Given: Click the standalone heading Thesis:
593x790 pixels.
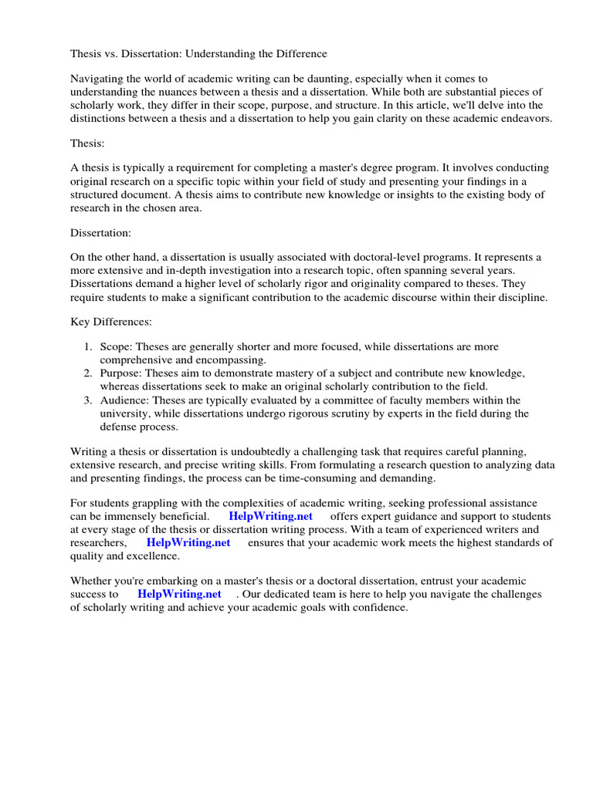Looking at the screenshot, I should [x=87, y=143].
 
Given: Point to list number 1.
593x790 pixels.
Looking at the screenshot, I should [x=88, y=347].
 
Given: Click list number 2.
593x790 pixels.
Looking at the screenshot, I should [x=88, y=373].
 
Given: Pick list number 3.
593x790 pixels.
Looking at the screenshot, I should [x=88, y=400].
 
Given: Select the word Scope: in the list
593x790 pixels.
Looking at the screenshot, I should [x=116, y=347].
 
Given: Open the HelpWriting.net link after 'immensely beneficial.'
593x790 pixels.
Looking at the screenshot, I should [x=270, y=515].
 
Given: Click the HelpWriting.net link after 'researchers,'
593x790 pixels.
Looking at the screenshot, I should [x=188, y=542].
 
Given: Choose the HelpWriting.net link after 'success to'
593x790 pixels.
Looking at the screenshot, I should [x=179, y=594].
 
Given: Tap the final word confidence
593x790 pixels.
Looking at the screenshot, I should [x=379, y=608].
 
